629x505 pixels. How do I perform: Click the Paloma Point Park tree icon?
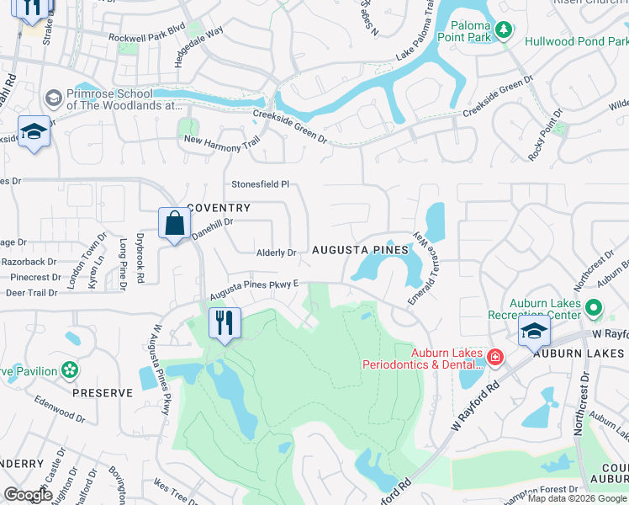(504, 31)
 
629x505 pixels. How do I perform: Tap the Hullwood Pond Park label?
(576, 40)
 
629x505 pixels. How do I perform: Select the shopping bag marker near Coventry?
(174, 224)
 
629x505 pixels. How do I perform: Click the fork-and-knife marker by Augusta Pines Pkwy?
(225, 323)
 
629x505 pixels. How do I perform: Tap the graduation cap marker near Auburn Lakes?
(534, 332)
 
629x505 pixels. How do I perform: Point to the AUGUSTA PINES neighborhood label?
(360, 251)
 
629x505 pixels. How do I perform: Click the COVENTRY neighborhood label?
(219, 208)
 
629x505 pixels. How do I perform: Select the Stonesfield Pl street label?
(260, 183)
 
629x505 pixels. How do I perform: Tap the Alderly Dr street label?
(277, 252)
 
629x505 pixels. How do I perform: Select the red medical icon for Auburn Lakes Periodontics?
(495, 358)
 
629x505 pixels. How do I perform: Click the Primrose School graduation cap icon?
(53, 98)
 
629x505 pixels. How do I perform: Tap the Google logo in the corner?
(28, 495)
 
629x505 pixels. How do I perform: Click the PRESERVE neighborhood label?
(102, 393)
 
